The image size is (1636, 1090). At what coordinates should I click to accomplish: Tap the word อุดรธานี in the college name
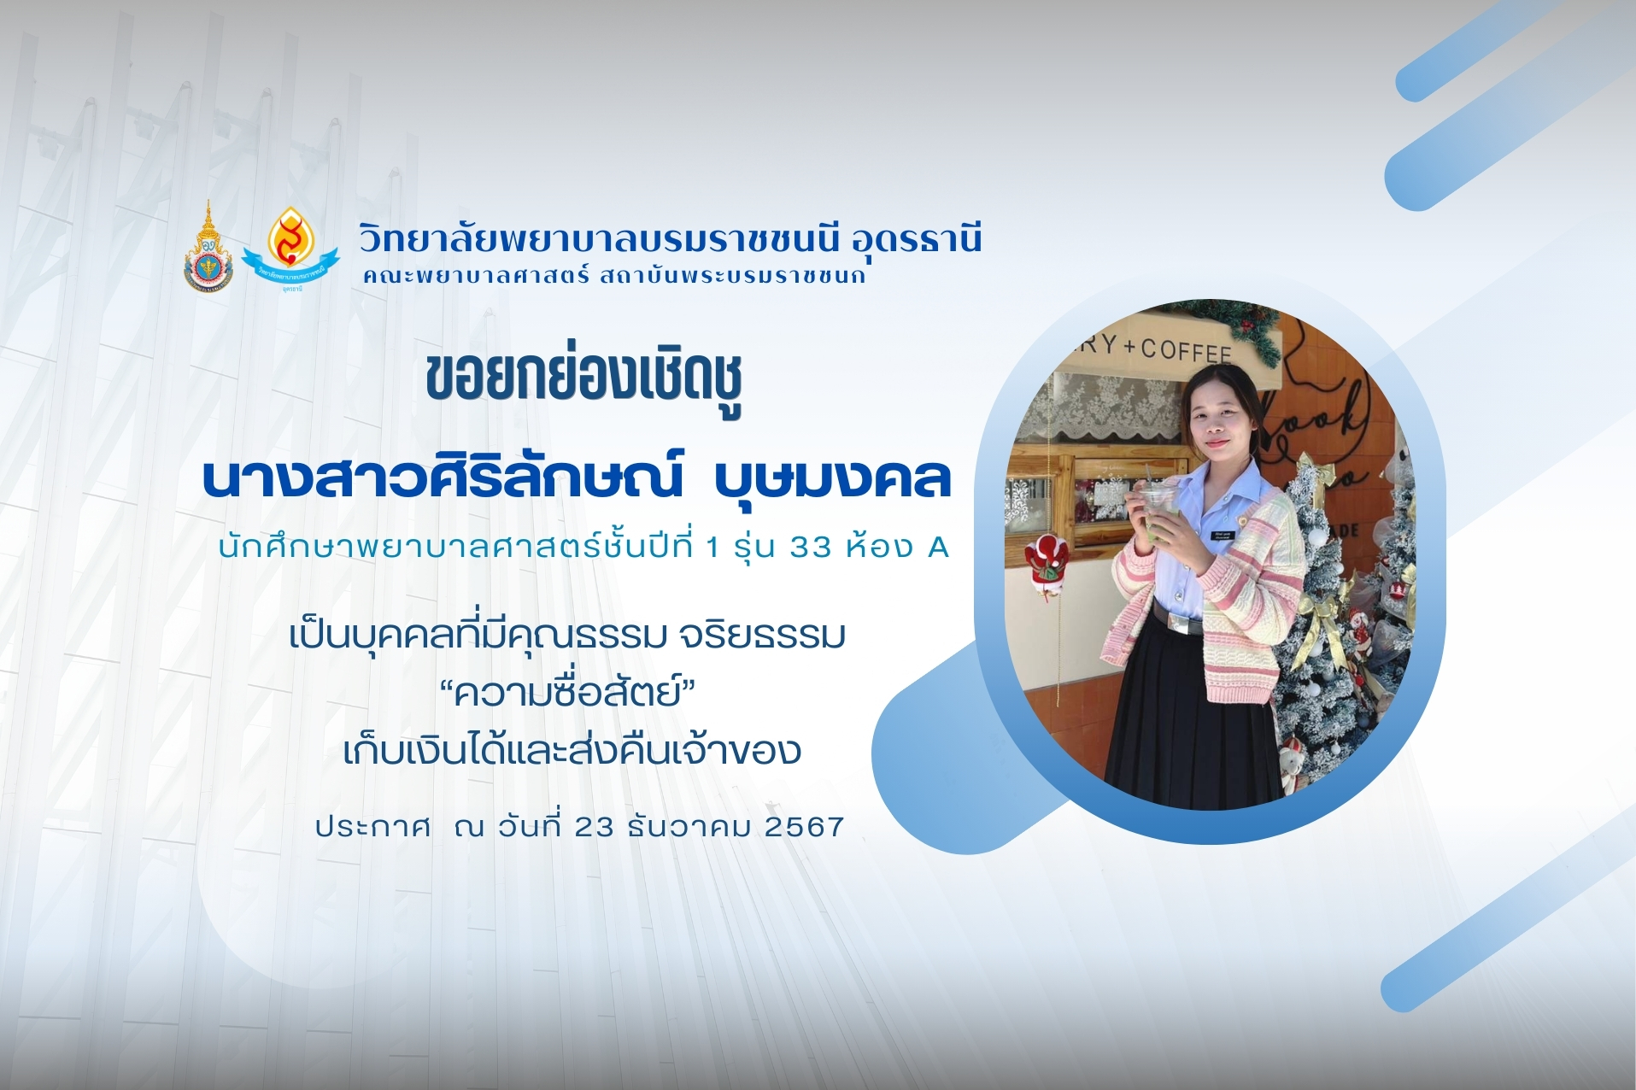pos(917,238)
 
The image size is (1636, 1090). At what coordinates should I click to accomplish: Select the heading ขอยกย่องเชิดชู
pos(583,380)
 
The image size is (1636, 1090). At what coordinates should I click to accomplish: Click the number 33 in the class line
pos(810,547)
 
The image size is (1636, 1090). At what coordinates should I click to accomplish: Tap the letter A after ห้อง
pos(938,547)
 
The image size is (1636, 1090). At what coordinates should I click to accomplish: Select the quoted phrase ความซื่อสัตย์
pos(568,691)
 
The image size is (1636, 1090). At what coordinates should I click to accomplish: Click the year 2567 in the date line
pos(804,827)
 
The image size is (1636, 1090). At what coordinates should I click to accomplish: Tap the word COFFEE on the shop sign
pos(1185,350)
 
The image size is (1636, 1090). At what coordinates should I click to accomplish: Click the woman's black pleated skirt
pos(1192,709)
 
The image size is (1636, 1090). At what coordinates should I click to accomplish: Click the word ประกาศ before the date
pos(372,827)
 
